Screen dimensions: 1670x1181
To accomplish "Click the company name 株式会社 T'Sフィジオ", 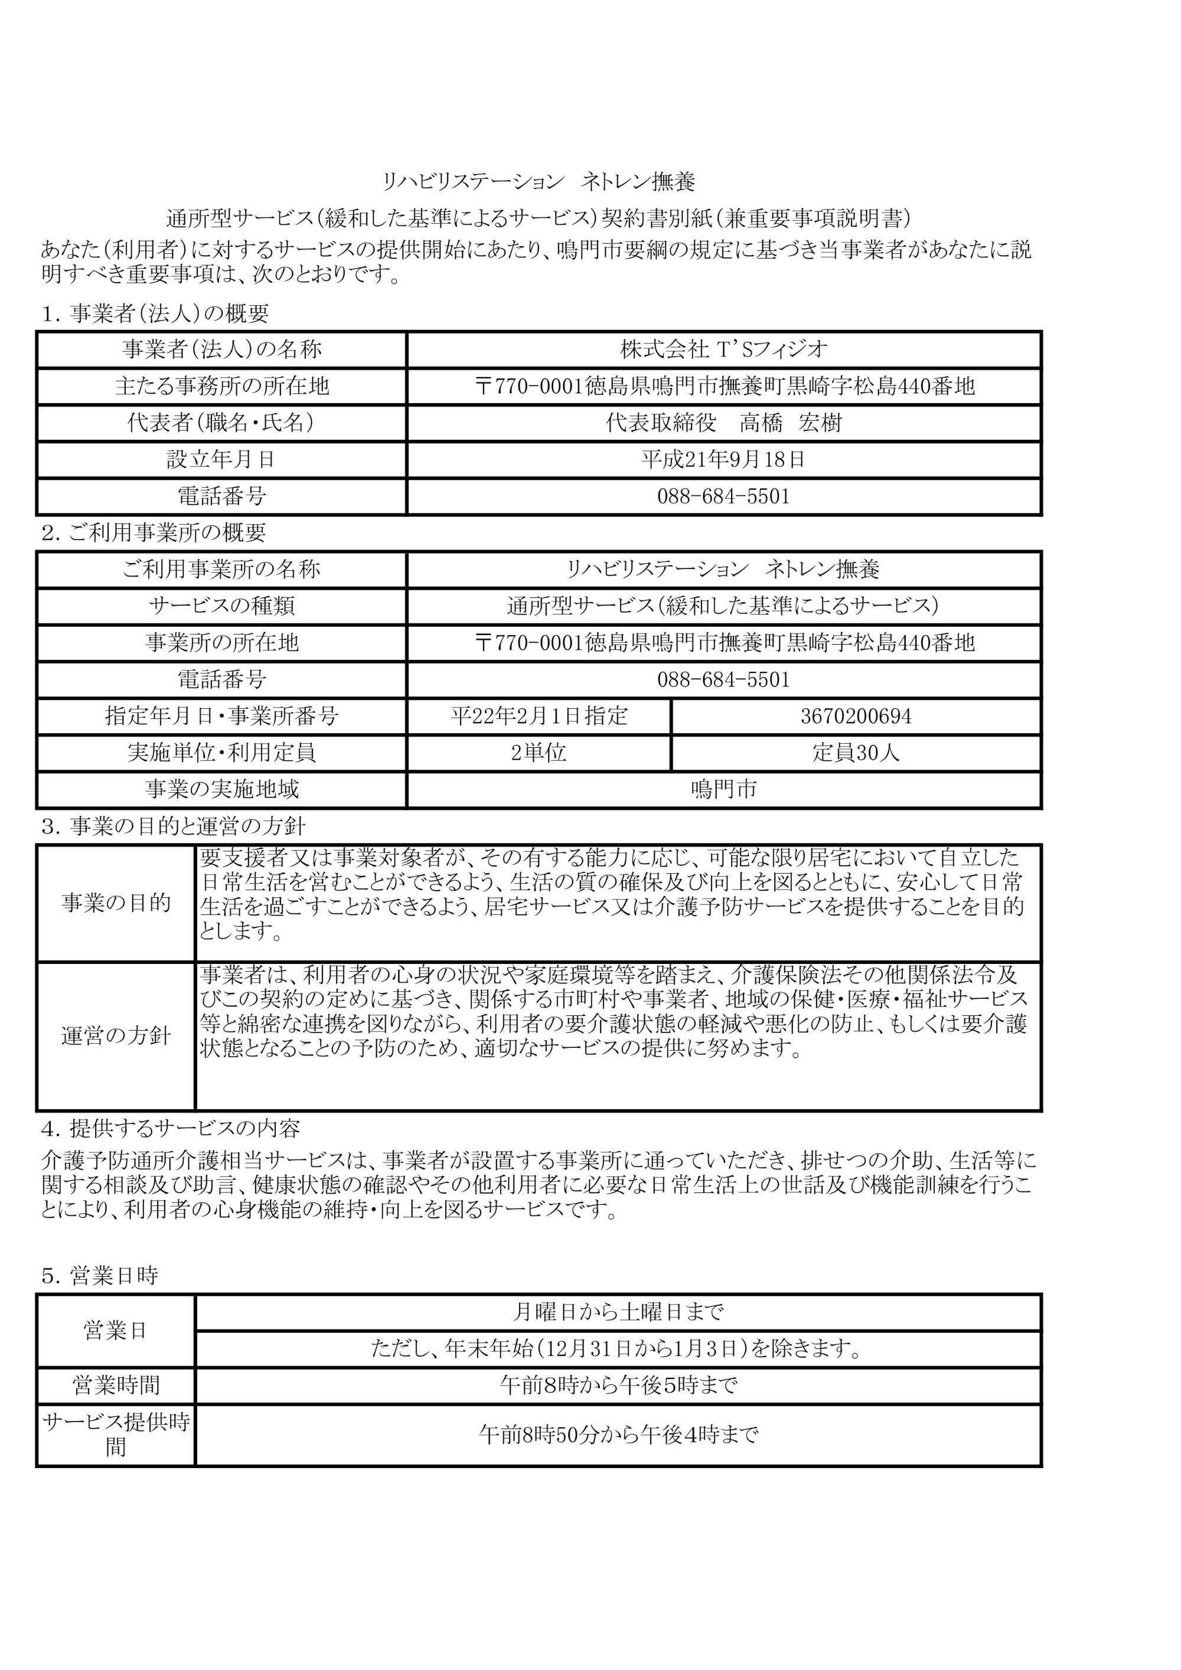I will (723, 350).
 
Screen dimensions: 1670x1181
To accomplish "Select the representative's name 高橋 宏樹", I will (790, 423).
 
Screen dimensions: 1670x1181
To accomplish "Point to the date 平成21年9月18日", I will (723, 460).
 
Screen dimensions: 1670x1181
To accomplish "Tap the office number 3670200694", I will (856, 717).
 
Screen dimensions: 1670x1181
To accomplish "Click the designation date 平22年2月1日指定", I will (539, 717).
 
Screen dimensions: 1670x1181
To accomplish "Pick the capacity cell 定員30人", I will (856, 753).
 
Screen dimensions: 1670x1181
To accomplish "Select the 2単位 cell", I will (539, 753).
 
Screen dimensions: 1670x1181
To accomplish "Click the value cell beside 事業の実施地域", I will (723, 789).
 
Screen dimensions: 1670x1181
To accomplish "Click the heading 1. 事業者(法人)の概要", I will (155, 313).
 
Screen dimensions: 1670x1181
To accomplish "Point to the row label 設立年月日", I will (221, 460).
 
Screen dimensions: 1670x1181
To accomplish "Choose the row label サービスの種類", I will (221, 606).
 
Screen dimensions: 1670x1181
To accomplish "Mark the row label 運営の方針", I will (116, 1037).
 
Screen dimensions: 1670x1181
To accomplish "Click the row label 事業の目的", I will (116, 903).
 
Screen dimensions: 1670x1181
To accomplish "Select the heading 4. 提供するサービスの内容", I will (170, 1128).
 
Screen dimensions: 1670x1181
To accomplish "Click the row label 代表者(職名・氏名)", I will (221, 423).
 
